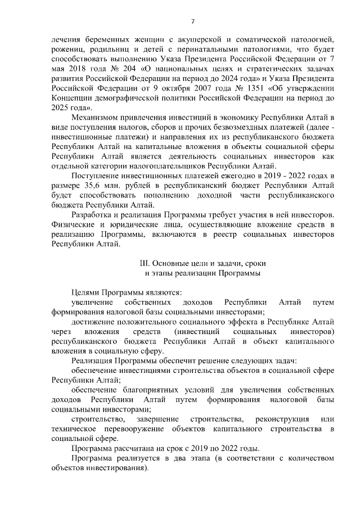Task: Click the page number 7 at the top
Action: click(x=192, y=21)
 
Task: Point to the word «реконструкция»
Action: click(x=282, y=419)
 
